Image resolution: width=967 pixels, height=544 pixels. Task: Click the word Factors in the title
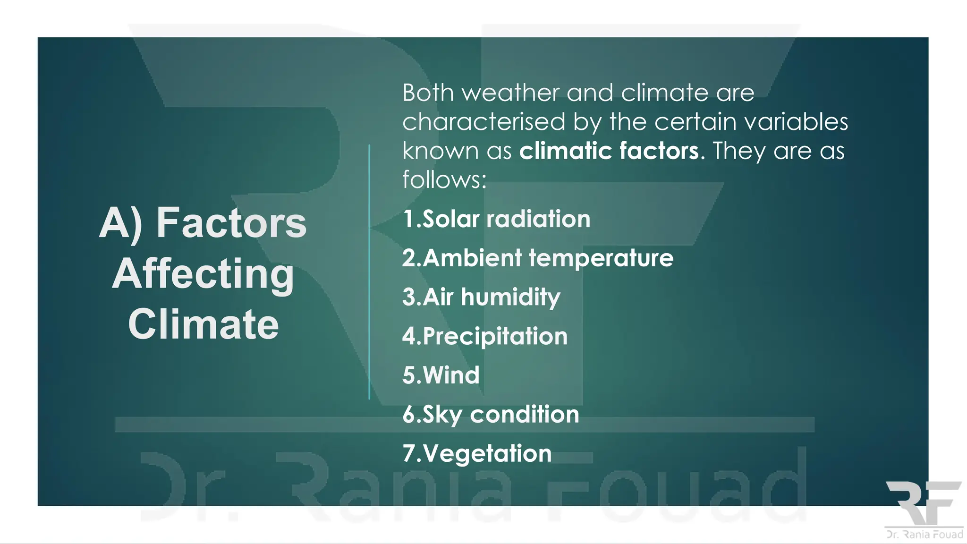pos(231,223)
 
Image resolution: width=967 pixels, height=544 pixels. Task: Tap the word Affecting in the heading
pos(203,274)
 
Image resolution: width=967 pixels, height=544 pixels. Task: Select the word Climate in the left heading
pos(204,324)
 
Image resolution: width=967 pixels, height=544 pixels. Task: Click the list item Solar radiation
pos(497,219)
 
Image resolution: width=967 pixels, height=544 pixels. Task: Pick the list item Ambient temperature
pos(538,258)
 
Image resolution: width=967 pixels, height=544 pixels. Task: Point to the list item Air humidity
pos(482,297)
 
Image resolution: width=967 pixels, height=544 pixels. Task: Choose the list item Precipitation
pos(485,336)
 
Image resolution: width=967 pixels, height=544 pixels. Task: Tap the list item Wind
pos(441,375)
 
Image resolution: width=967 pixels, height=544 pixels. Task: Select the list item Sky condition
pos(491,415)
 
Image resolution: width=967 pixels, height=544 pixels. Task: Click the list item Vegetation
pos(477,453)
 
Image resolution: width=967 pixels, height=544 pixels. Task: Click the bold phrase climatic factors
pos(609,151)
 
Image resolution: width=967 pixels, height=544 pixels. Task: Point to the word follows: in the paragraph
pos(444,180)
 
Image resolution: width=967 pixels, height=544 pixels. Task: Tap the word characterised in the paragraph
pos(484,122)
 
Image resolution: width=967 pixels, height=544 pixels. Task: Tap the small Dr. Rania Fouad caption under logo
pos(925,535)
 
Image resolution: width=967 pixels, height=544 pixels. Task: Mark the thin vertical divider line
pos(369,272)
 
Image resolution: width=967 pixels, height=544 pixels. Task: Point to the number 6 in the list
pos(408,415)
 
